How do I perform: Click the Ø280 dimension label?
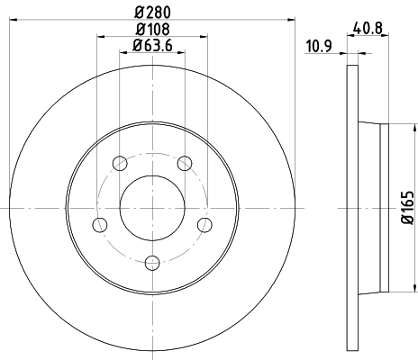(x=152, y=12)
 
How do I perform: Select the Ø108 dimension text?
(x=152, y=29)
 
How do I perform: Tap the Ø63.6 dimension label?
(x=152, y=46)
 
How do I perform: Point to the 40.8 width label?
(x=368, y=29)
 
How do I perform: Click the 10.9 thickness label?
(x=319, y=46)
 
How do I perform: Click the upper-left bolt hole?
(x=120, y=163)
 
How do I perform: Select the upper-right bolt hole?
(x=185, y=163)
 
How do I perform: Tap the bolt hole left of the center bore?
(x=100, y=225)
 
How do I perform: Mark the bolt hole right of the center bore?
(x=204, y=225)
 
